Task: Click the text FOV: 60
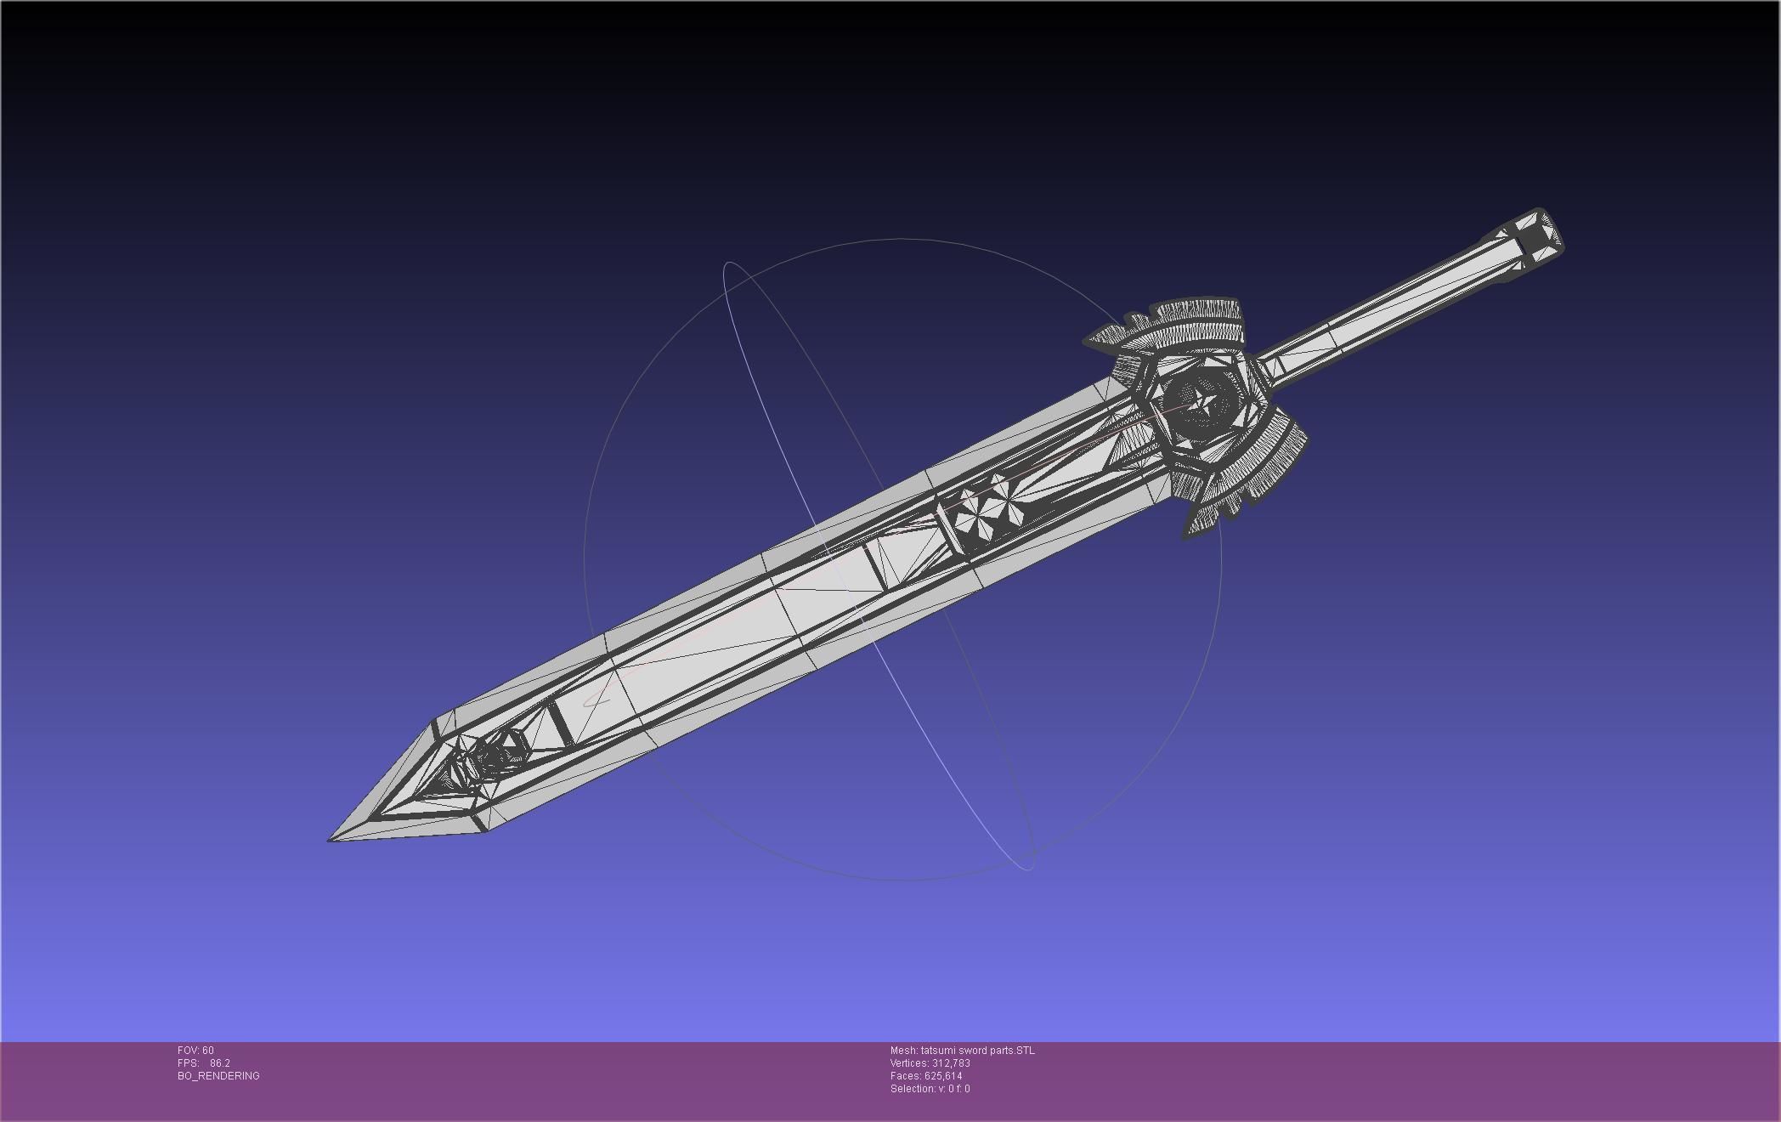[x=195, y=1051]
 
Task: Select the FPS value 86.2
[x=219, y=1063]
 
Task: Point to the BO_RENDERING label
[x=218, y=1076]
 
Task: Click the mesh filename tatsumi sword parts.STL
[x=977, y=1051]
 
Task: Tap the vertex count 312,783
[x=951, y=1063]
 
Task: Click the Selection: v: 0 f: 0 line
[x=930, y=1089]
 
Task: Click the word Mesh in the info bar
[x=903, y=1051]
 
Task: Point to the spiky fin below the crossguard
[x=1207, y=514]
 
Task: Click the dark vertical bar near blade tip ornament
[x=559, y=722]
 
